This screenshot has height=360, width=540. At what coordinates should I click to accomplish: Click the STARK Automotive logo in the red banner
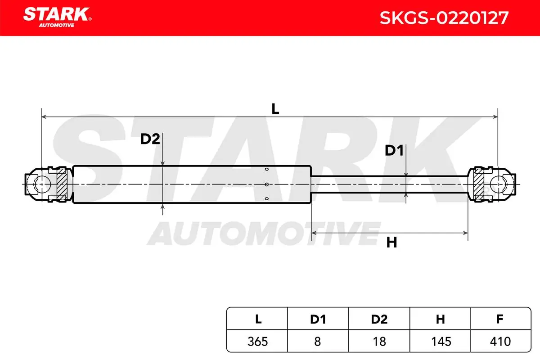[57, 18]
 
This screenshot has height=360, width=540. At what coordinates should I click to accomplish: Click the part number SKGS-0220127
[444, 18]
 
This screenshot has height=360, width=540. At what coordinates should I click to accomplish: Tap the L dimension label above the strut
[275, 109]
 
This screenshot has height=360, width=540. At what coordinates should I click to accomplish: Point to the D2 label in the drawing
[150, 139]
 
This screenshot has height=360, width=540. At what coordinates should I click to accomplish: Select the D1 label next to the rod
[394, 150]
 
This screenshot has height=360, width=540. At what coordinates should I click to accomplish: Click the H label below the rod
[391, 243]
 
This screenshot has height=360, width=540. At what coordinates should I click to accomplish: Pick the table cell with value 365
[257, 342]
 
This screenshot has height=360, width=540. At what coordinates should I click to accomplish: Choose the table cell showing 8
[318, 342]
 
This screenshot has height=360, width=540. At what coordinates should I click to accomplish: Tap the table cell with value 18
[379, 342]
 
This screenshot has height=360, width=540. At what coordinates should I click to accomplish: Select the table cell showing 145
[440, 342]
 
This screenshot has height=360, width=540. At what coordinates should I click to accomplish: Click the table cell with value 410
[500, 342]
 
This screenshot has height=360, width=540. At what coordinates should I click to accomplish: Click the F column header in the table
[500, 319]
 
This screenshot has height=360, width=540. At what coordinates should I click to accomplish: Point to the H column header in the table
[440, 319]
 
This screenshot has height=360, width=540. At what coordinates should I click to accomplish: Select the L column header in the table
[258, 319]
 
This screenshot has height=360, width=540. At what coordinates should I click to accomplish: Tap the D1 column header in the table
[318, 319]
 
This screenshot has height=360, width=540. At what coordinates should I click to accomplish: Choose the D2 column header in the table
[379, 319]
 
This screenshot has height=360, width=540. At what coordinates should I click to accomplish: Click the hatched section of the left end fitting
[62, 184]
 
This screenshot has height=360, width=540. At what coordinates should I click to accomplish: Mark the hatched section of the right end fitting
[479, 184]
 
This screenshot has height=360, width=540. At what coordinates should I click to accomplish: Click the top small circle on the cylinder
[266, 169]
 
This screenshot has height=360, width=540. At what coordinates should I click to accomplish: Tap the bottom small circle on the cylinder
[266, 199]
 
